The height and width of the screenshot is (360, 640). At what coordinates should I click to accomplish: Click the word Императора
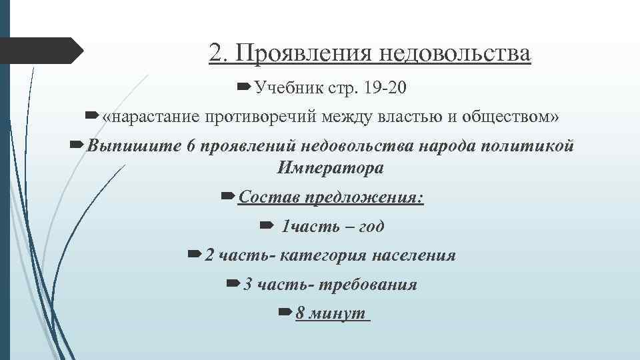pos(331,168)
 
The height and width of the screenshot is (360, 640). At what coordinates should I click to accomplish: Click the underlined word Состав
pos(268,197)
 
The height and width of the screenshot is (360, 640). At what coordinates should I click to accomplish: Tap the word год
pos(371,227)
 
